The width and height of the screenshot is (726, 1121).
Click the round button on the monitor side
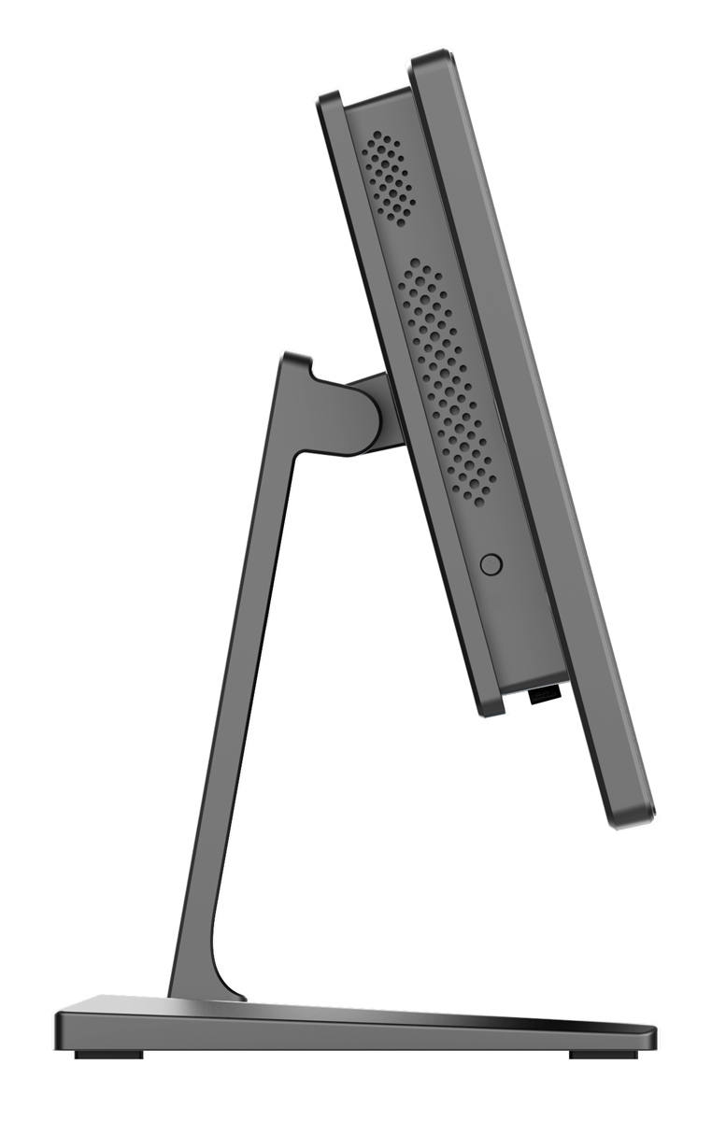[490, 564]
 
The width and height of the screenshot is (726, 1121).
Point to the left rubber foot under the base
[109, 1054]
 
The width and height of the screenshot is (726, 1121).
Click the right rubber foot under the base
[603, 1054]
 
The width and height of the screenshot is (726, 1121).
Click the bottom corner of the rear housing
[491, 712]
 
